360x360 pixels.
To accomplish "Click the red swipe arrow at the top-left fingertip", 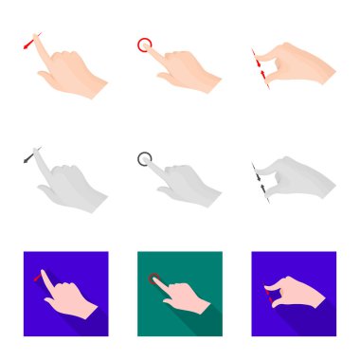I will (32, 43).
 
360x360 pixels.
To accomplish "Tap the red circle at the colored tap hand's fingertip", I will (144, 44).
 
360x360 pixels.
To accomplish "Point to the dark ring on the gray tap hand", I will (144, 157).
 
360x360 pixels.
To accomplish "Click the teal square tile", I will (180, 294).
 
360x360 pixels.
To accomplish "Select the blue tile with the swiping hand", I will (64, 294).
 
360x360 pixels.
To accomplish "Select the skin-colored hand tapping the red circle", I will (183, 71).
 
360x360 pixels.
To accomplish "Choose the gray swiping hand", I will (66, 185).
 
